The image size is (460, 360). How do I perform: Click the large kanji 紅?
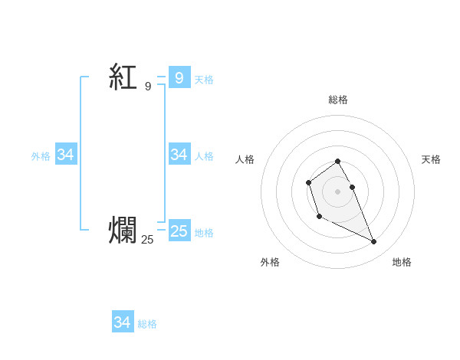pyautogui.click(x=123, y=77)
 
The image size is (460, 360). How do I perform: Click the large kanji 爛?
pyautogui.click(x=123, y=230)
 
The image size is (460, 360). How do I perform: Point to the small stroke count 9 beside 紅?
pyautogui.click(x=148, y=87)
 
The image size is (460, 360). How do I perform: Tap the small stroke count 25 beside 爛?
pyautogui.click(x=147, y=240)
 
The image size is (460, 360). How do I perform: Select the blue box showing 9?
pyautogui.click(x=179, y=77)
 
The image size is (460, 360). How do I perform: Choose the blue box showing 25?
pyautogui.click(x=179, y=231)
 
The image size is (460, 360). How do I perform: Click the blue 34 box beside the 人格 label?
pyautogui.click(x=179, y=155)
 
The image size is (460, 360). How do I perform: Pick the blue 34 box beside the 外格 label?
pyautogui.click(x=65, y=155)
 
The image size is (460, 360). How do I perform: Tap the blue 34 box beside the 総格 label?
pyautogui.click(x=122, y=322)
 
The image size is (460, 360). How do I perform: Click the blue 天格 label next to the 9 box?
pyautogui.click(x=204, y=79)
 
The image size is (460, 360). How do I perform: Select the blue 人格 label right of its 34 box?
pyautogui.click(x=204, y=156)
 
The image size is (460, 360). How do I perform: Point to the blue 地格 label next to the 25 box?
pyautogui.click(x=204, y=233)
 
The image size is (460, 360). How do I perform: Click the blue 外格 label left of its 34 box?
pyautogui.click(x=41, y=156)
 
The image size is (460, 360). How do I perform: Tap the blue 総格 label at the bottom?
pyautogui.click(x=147, y=324)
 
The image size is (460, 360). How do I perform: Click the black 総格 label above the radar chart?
pyautogui.click(x=338, y=100)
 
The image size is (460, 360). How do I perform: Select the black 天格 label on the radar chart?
pyautogui.click(x=431, y=159)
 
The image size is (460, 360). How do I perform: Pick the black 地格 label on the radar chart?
pyautogui.click(x=402, y=262)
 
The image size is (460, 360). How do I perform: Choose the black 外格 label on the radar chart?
pyautogui.click(x=270, y=262)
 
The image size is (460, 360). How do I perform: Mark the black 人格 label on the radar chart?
pyautogui.click(x=245, y=159)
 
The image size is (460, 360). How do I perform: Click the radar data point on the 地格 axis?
pyautogui.click(x=374, y=242)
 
